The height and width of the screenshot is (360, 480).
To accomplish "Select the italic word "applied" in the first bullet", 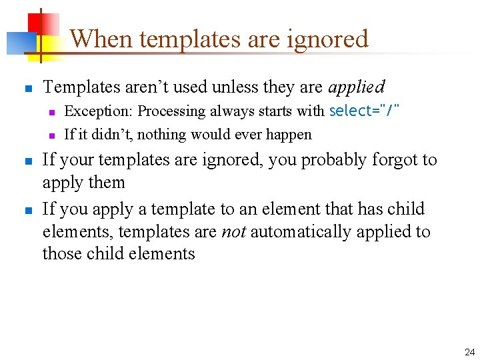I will tap(357, 87).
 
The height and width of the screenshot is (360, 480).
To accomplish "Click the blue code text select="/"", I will tap(365, 111).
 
